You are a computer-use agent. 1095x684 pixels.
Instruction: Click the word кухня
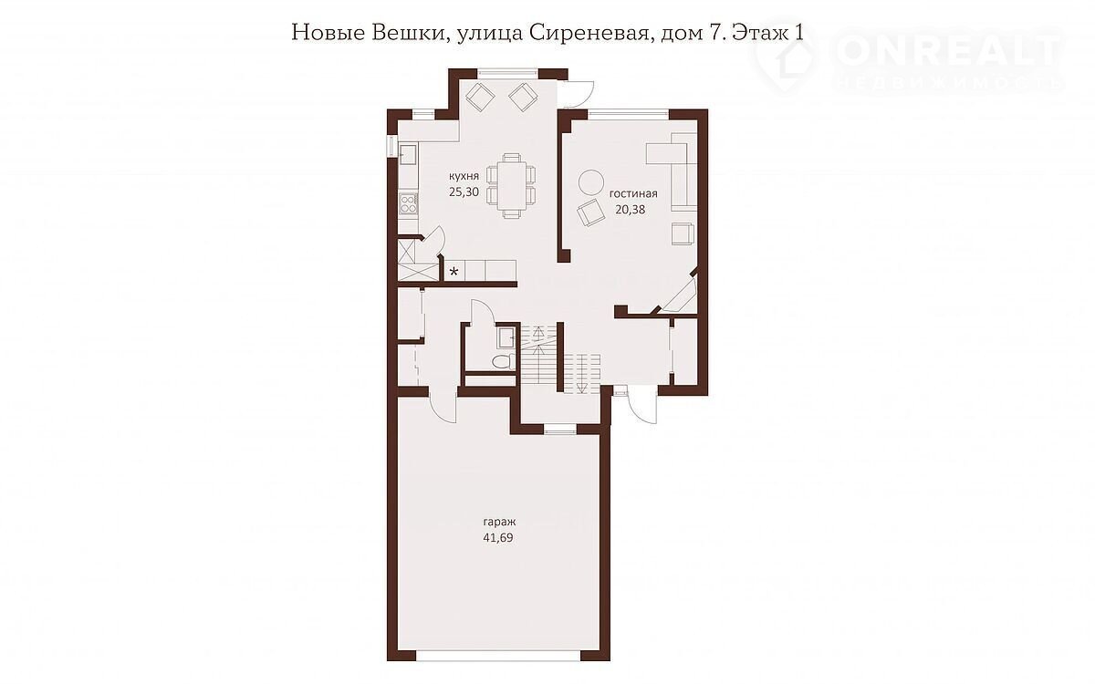pyautogui.click(x=464, y=176)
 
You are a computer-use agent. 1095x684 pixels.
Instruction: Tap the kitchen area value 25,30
pyautogui.click(x=464, y=192)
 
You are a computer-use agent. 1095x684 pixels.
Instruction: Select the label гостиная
pyautogui.click(x=633, y=193)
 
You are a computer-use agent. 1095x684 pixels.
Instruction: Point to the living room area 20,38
pyautogui.click(x=631, y=210)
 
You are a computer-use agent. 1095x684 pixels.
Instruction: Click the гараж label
pyautogui.click(x=500, y=523)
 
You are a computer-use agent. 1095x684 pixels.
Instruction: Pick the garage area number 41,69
pyautogui.click(x=498, y=538)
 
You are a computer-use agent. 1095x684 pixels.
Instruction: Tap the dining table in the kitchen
pyautogui.click(x=512, y=186)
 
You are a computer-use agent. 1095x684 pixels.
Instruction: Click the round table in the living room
pyautogui.click(x=591, y=182)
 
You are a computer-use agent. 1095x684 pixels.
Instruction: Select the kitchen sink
pyautogui.click(x=408, y=155)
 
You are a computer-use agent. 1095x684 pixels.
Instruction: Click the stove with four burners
pyautogui.click(x=408, y=203)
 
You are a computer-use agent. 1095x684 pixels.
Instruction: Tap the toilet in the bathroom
pyautogui.click(x=504, y=361)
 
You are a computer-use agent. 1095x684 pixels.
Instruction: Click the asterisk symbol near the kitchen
pyautogui.click(x=454, y=272)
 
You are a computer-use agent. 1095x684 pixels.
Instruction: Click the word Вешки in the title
pyautogui.click(x=407, y=33)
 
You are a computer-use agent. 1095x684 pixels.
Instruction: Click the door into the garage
pyautogui.click(x=443, y=405)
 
